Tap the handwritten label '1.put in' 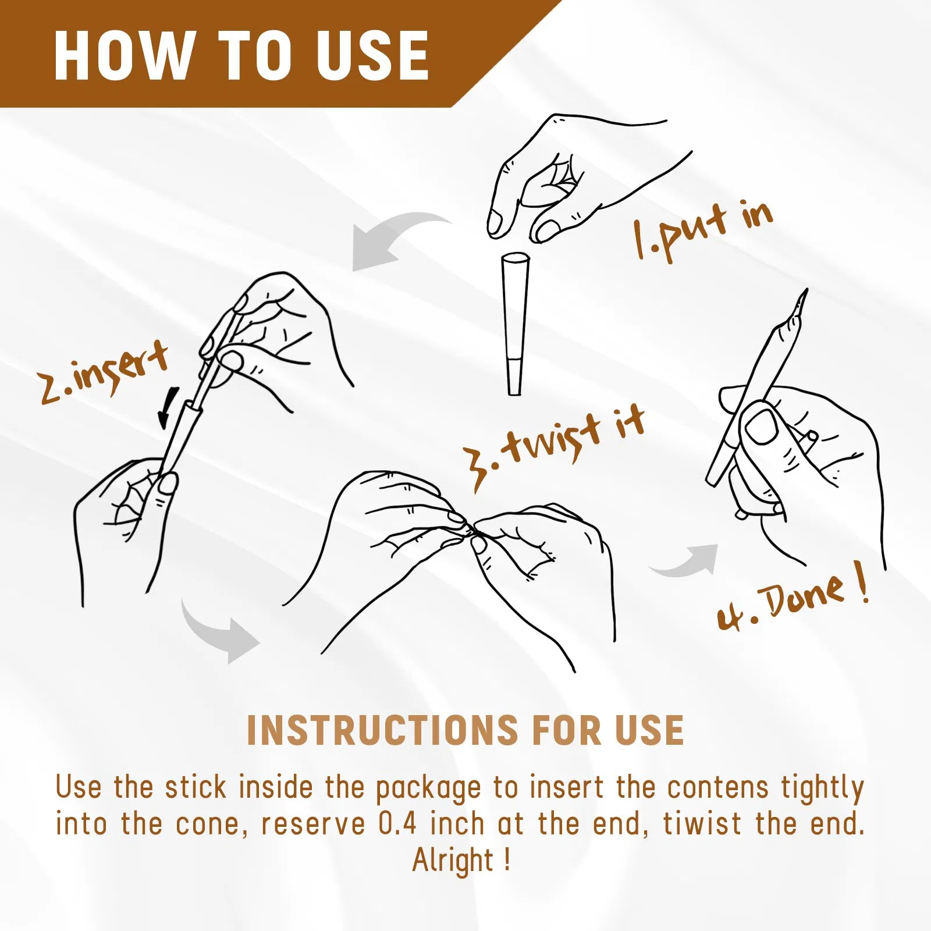coord(703,230)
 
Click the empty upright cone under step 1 coord(515,324)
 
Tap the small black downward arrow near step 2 coord(168,407)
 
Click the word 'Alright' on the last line coord(453,859)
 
